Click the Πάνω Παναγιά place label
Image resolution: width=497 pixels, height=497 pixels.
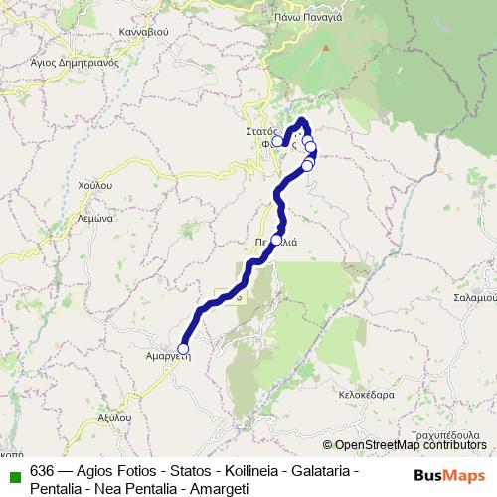308,17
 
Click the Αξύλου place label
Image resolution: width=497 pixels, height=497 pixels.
114,418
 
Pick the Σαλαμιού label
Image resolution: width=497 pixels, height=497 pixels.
472,296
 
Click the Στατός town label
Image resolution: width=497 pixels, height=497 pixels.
260,130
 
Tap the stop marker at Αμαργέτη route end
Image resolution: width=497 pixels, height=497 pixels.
182,348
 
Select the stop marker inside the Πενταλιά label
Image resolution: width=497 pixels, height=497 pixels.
276,240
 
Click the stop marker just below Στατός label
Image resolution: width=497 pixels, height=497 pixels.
277,141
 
